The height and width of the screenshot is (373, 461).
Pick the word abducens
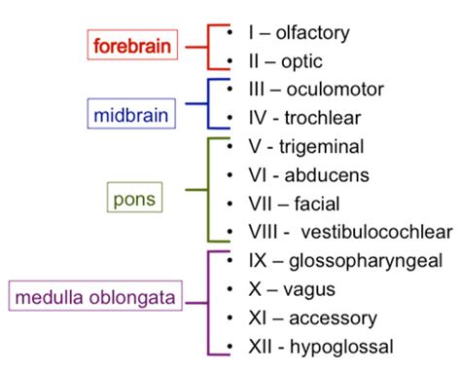click(325, 177)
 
